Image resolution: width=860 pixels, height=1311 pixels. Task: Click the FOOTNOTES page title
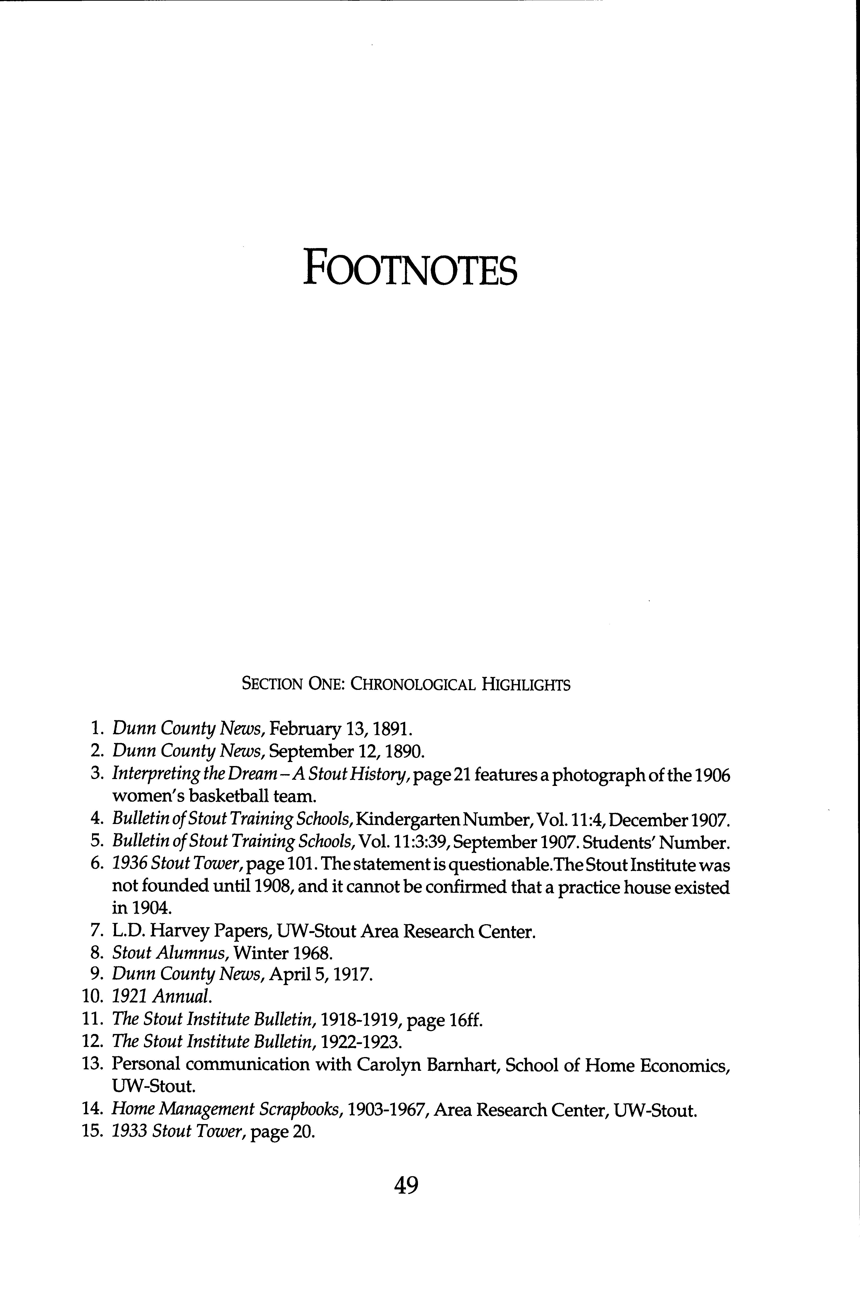click(410, 267)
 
